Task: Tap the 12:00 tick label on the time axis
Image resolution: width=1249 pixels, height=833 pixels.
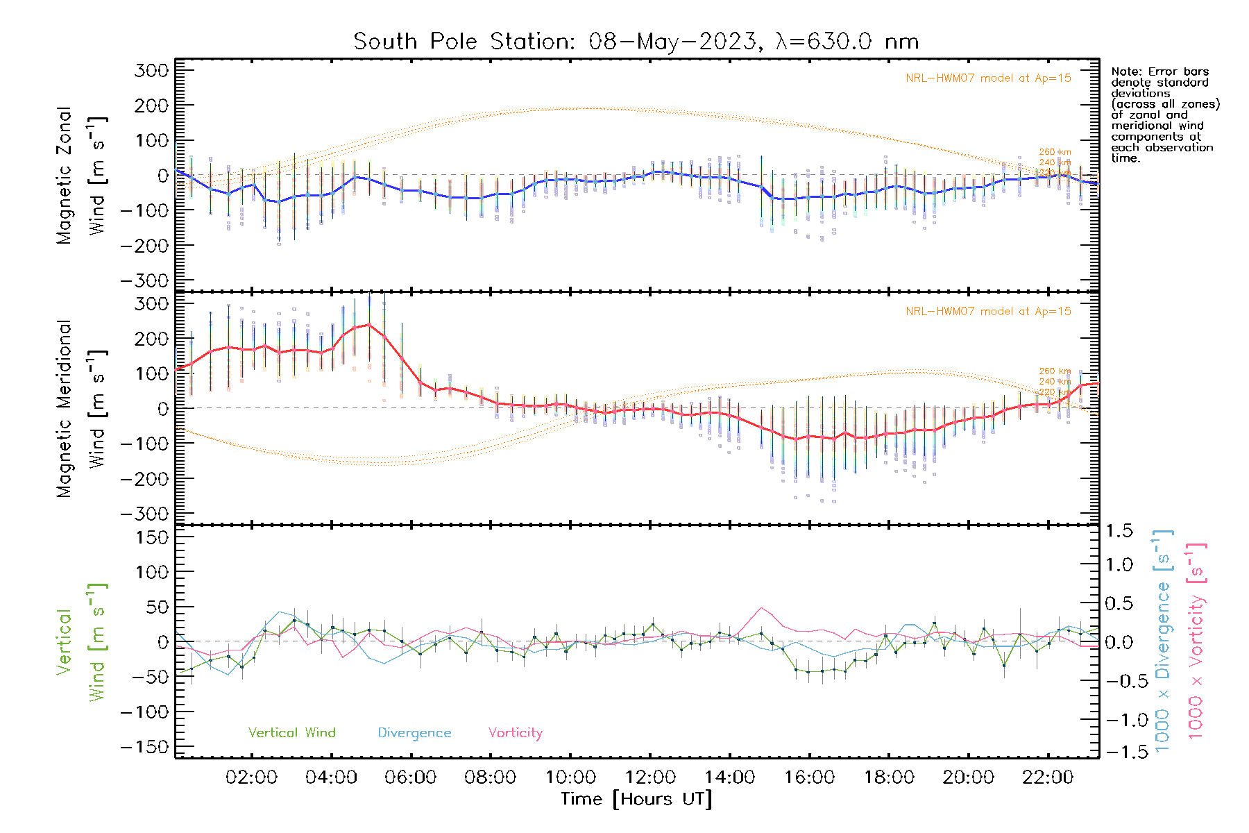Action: point(650,777)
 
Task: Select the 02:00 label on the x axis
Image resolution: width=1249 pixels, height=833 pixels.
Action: point(251,777)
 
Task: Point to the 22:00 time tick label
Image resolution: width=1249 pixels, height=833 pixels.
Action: point(1048,777)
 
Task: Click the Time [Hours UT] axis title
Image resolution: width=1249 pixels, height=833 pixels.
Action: point(636,799)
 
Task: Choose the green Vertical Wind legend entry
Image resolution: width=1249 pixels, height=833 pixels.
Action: point(291,732)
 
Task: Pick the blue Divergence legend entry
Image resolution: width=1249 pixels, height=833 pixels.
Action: point(414,732)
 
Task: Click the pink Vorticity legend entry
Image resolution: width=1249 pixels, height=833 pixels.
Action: point(515,732)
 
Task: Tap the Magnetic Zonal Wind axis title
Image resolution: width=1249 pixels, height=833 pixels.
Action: point(81,175)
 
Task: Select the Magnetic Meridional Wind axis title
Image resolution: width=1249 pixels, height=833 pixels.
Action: point(81,409)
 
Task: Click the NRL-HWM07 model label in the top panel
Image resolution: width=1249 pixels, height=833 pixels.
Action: point(988,78)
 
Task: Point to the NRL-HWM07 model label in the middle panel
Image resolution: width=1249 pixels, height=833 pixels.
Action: point(988,311)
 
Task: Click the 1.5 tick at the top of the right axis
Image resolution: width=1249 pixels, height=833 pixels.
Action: point(1119,531)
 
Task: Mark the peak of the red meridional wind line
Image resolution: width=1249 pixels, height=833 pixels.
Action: point(368,323)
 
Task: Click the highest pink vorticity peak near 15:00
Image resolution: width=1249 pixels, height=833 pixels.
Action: point(762,608)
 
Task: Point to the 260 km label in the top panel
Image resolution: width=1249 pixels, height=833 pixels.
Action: point(1055,151)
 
